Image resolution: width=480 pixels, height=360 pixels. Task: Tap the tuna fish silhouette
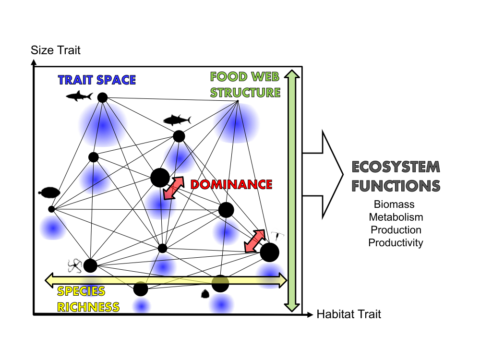click(x=177, y=120)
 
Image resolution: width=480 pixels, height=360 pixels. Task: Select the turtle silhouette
click(x=48, y=193)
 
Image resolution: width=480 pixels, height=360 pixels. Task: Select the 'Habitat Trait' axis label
click(x=348, y=314)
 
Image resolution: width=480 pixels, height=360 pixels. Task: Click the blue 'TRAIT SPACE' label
click(x=97, y=80)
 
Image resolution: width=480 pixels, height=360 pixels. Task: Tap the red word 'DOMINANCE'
click(x=231, y=184)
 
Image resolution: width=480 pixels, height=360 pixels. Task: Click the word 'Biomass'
click(x=395, y=205)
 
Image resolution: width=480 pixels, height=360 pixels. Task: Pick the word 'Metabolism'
click(x=396, y=217)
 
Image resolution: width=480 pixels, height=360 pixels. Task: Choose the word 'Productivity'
click(x=396, y=242)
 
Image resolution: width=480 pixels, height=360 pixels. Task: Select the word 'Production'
click(x=396, y=230)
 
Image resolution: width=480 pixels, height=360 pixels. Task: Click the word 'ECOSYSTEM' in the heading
click(x=396, y=167)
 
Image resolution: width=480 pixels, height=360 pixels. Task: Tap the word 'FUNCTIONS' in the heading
click(x=396, y=186)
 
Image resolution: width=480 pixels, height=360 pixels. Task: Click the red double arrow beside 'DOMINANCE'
click(x=174, y=188)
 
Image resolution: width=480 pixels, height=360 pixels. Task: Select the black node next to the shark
click(x=102, y=97)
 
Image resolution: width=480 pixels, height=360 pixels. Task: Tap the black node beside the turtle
click(x=51, y=209)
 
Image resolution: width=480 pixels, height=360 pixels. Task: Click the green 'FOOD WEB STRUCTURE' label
click(x=245, y=84)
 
